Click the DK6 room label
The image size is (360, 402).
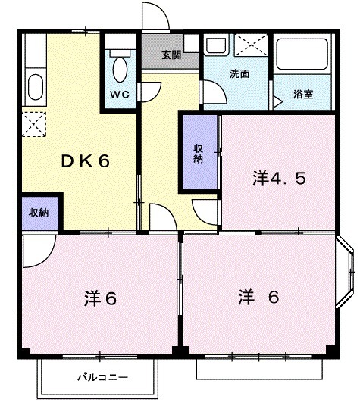click(86, 160)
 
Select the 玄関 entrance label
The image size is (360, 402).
click(171, 55)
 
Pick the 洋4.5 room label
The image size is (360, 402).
click(279, 179)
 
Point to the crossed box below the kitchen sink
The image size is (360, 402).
click(33, 121)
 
